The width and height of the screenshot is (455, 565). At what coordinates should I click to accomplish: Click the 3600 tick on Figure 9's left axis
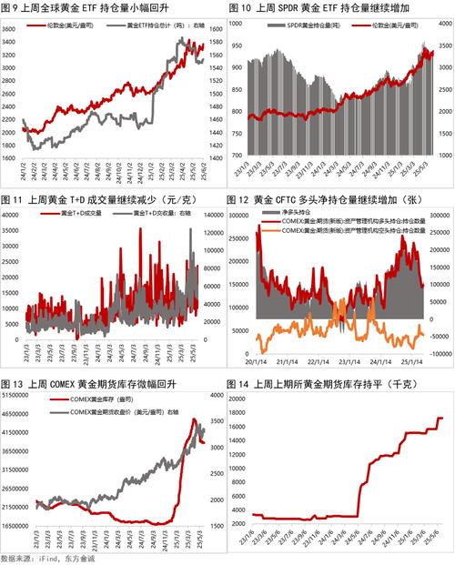pos(10,30)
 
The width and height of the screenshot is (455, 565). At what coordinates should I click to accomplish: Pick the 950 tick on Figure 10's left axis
pos(238,44)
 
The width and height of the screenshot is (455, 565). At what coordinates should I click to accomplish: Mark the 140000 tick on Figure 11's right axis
pos(213,213)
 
